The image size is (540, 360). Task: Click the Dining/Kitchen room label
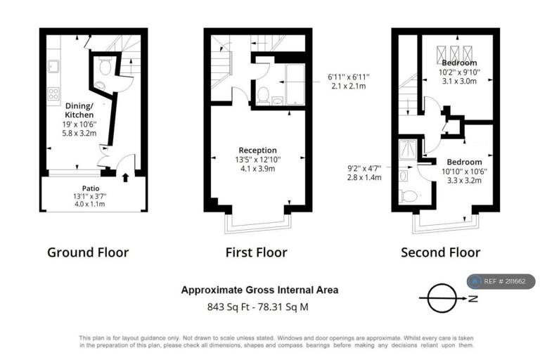tap(79, 110)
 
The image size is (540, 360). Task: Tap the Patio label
tap(91, 188)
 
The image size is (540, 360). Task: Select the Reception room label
tap(257, 150)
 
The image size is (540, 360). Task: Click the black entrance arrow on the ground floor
tap(126, 177)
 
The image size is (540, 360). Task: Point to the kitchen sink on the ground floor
tap(53, 66)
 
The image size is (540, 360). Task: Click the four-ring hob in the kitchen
tap(53, 94)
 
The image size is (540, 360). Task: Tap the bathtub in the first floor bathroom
tap(295, 84)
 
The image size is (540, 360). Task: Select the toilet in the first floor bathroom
tap(264, 96)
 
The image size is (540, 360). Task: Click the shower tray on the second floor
tap(408, 149)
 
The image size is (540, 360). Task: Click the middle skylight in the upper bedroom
tap(455, 53)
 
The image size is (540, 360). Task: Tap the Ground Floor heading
tap(88, 252)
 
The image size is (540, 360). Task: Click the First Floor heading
tap(256, 252)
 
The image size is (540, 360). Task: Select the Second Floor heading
tap(440, 252)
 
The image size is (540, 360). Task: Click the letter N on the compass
tap(473, 298)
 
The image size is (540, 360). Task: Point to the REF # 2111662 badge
tap(501, 281)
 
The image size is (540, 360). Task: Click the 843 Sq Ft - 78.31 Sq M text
tap(257, 307)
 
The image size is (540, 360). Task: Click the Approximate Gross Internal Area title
tap(259, 290)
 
